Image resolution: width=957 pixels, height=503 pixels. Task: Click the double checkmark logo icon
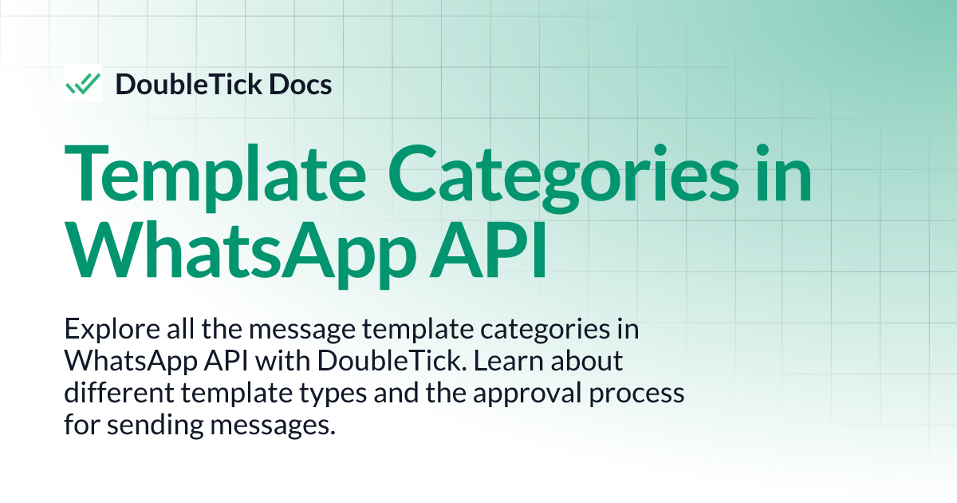tap(83, 83)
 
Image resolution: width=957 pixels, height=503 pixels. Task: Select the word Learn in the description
tap(505, 361)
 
